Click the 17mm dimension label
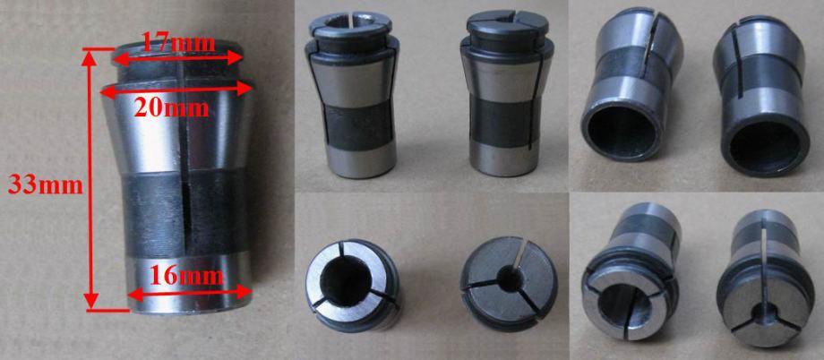coord(178,42)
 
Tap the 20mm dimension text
coord(171,108)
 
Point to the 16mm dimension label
coord(187,276)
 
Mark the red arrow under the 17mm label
coord(177,57)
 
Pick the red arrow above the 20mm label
coord(176,90)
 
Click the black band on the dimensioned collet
coord(186,214)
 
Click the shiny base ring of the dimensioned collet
coord(188,284)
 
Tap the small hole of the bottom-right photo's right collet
coord(762,316)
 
